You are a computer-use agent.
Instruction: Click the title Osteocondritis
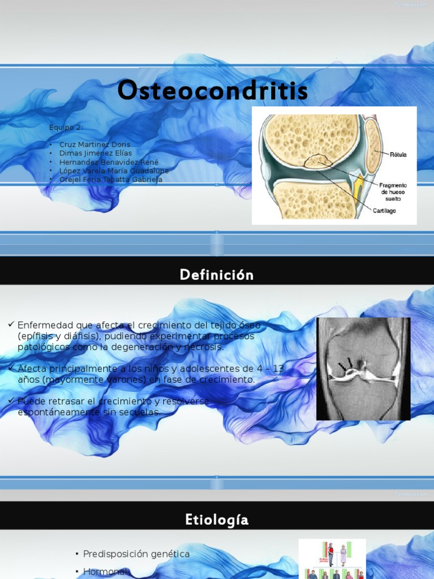[x=212, y=91]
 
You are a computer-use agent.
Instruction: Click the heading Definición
[x=216, y=275]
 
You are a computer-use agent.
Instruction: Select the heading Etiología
[x=216, y=520]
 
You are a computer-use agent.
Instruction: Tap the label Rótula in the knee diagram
[x=398, y=154]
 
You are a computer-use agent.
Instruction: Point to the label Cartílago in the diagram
[x=384, y=210]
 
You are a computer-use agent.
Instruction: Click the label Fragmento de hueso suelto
[x=393, y=192]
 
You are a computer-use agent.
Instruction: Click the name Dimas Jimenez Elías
[x=96, y=153]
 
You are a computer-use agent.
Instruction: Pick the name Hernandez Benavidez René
[x=109, y=162]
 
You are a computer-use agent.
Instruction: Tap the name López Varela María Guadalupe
[x=114, y=171]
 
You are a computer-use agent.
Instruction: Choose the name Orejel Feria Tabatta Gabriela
[x=111, y=179]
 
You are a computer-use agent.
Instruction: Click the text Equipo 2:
[x=66, y=127]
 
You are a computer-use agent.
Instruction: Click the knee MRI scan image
[x=363, y=369]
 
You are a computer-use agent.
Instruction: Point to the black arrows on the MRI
[x=345, y=365]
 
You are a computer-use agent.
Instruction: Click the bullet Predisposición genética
[x=136, y=554]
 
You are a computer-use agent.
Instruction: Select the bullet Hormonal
[x=106, y=572]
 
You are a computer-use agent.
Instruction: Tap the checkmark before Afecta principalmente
[x=11, y=368]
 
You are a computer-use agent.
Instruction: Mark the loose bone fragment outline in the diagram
[x=319, y=161]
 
